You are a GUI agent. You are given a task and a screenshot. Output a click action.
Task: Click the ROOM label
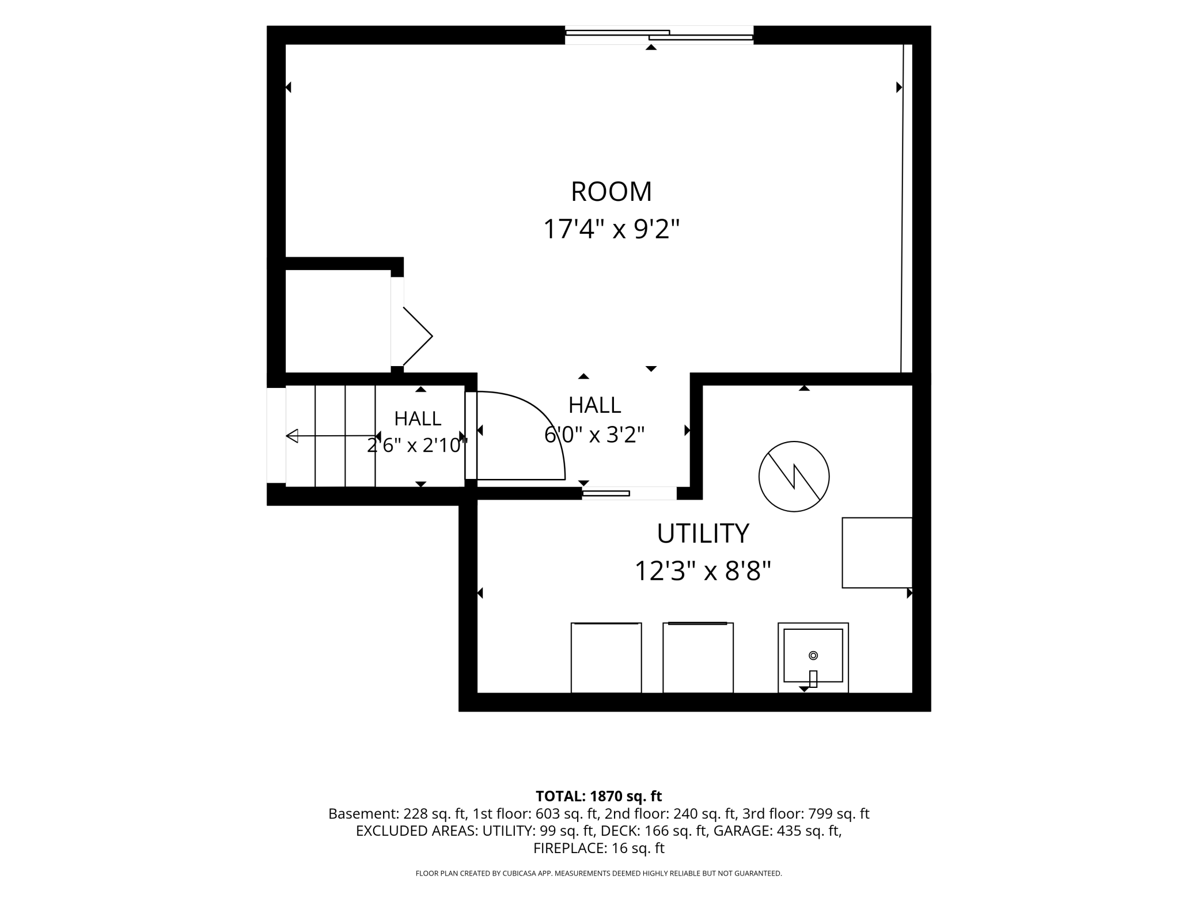(611, 192)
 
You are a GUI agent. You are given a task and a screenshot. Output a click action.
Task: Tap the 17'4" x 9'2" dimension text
(611, 229)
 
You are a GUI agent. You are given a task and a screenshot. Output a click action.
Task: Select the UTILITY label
(703, 534)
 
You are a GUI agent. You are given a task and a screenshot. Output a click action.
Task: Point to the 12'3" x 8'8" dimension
(703, 571)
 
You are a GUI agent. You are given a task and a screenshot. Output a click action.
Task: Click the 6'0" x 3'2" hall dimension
(594, 435)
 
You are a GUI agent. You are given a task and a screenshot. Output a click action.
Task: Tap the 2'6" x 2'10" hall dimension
(418, 445)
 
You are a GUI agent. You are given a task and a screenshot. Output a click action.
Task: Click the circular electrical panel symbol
(794, 477)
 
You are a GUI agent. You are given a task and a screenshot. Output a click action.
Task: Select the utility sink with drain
(813, 657)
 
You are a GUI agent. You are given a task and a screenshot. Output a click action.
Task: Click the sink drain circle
(813, 655)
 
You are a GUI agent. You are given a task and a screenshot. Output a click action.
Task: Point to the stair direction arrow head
(292, 436)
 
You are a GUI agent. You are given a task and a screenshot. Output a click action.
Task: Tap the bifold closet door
(418, 336)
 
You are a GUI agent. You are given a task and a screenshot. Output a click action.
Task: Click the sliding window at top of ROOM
(659, 35)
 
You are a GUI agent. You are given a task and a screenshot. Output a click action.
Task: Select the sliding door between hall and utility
(629, 493)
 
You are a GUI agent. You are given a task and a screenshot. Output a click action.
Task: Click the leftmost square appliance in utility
(606, 657)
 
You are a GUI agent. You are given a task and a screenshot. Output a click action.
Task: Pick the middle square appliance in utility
(698, 657)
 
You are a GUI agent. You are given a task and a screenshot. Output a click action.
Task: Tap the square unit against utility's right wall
(877, 553)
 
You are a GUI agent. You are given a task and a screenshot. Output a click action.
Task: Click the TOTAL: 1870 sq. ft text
(599, 796)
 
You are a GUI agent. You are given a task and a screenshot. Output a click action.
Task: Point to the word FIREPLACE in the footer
(567, 848)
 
